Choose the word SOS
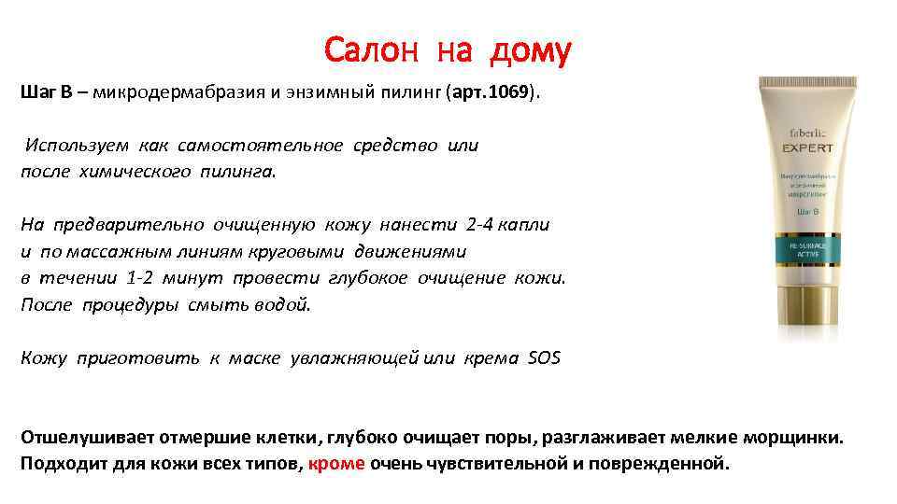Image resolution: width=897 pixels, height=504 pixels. click(x=544, y=358)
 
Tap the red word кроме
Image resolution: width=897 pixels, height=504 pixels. click(x=336, y=463)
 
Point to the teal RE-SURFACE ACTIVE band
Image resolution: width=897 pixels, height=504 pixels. click(x=809, y=252)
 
